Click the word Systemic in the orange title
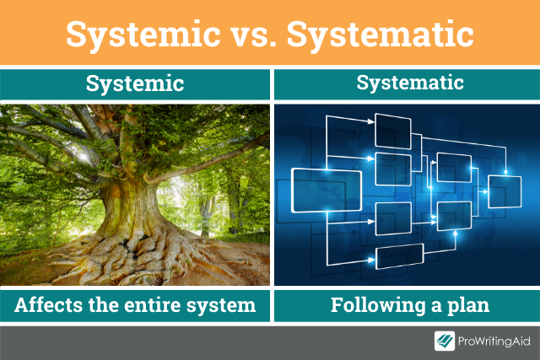click(x=143, y=35)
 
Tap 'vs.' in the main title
click(x=254, y=35)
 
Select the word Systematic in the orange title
click(x=381, y=34)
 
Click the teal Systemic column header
click(x=135, y=84)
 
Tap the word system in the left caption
click(x=221, y=306)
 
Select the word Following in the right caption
click(x=378, y=306)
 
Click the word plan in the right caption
click(x=468, y=306)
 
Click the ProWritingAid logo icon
click(x=445, y=341)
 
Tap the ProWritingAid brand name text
click(x=494, y=341)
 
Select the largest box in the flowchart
click(x=327, y=191)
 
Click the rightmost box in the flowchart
click(x=505, y=191)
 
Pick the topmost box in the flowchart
click(x=393, y=132)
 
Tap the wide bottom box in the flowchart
click(x=399, y=256)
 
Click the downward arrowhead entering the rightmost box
click(x=505, y=172)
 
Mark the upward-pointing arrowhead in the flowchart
click(x=456, y=234)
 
